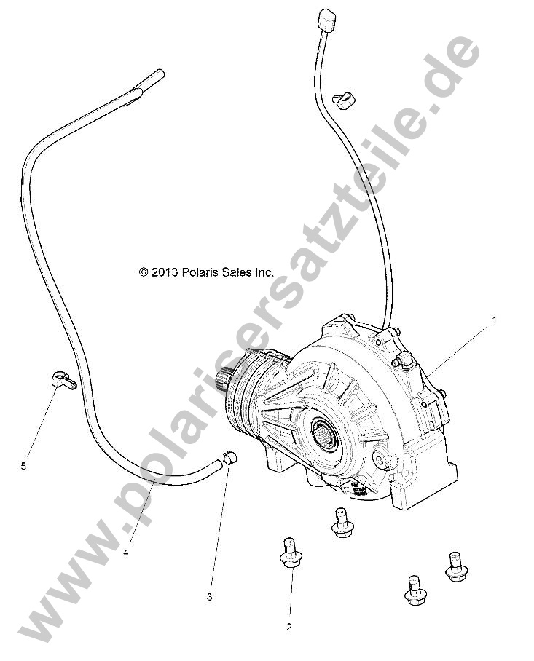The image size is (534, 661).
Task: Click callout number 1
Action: click(494, 319)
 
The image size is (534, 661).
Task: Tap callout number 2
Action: click(288, 626)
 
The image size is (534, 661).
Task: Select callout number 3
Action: click(209, 597)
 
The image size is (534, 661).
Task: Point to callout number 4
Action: click(126, 553)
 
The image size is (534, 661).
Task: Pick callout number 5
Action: click(23, 466)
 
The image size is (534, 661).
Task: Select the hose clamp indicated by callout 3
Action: click(229, 459)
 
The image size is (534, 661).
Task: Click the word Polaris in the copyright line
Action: click(200, 272)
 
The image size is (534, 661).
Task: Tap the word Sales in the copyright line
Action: click(237, 272)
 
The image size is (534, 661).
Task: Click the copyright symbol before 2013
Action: click(144, 272)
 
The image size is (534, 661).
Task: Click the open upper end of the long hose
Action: click(157, 74)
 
